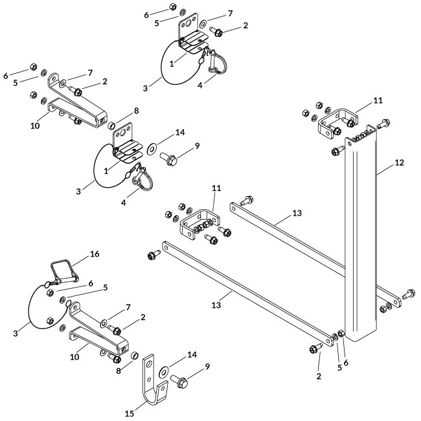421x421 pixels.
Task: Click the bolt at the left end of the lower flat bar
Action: click(x=153, y=256)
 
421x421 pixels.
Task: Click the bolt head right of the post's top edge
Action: click(x=383, y=122)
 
